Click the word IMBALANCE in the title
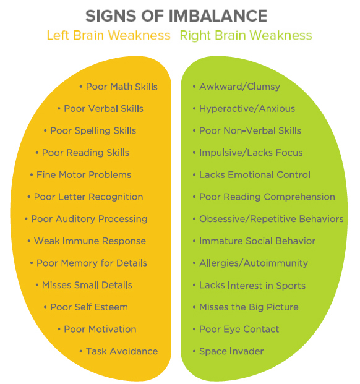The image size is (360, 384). tap(218, 16)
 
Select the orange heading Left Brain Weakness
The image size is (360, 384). tap(108, 35)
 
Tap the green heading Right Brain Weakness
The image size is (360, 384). tap(246, 36)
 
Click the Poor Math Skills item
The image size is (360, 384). tap(121, 87)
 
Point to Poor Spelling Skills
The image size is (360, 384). tap(93, 131)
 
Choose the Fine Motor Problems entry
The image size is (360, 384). tap(84, 175)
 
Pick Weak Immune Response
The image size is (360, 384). tap(90, 241)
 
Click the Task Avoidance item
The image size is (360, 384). tap(122, 351)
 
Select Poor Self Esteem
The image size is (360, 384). tap(89, 307)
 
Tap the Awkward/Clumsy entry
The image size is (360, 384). tap(240, 87)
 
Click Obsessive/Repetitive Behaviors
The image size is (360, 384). tap(272, 219)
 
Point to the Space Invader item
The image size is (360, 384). tap(231, 351)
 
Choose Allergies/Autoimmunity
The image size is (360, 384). tap(254, 263)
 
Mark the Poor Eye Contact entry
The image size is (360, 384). tap(239, 330)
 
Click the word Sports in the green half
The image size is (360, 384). tap(291, 286)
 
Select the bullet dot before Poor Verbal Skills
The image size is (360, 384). tap(59, 109)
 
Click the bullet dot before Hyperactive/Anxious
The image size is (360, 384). tap(194, 109)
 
